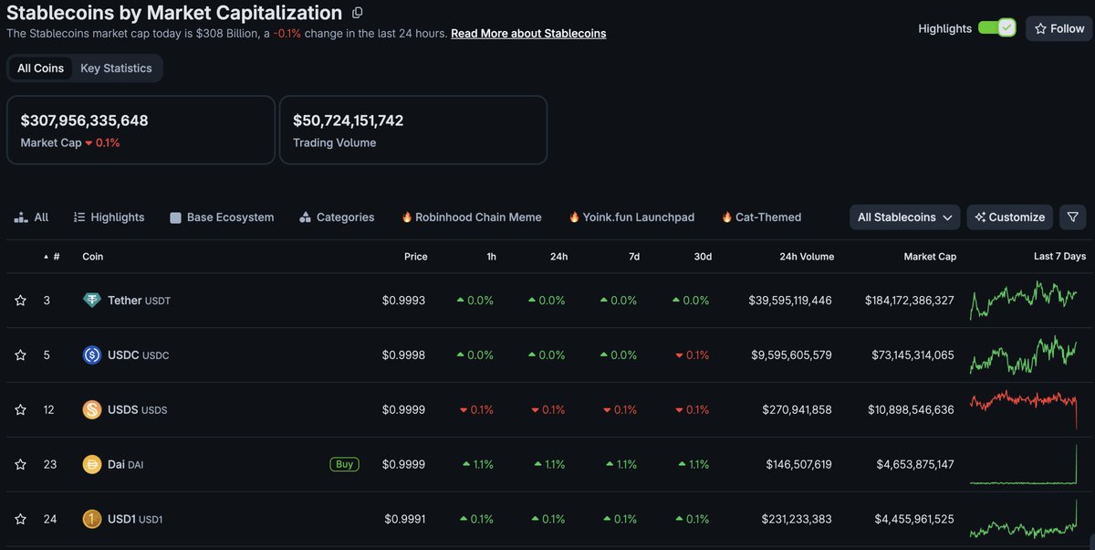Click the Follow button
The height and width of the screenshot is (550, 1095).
[1058, 28]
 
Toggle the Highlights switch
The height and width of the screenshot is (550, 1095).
[996, 28]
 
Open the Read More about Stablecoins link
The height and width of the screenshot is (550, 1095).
[528, 33]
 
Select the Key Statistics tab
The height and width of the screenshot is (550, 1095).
[116, 68]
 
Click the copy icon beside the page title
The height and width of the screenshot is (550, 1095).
[358, 13]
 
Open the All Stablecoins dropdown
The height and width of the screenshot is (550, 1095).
[904, 217]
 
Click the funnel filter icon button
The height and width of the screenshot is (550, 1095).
[1072, 217]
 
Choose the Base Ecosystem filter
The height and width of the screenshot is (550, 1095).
[222, 217]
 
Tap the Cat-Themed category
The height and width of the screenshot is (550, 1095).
[762, 217]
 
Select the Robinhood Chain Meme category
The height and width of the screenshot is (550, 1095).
[472, 217]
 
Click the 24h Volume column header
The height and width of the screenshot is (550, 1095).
[807, 257]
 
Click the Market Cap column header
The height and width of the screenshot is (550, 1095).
[930, 257]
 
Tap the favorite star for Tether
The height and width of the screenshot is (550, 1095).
[20, 301]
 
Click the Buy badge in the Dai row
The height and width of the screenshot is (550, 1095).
[345, 464]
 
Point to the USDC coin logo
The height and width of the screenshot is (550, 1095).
[92, 354]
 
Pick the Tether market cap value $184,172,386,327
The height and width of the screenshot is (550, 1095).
[909, 301]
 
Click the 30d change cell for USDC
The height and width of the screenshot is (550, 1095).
[693, 355]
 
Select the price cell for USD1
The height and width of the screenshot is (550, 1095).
[405, 519]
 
